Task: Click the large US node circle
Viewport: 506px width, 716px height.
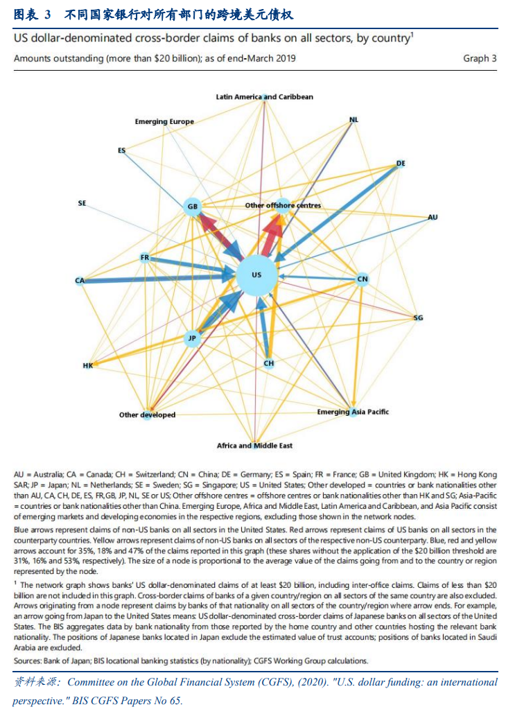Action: click(256, 275)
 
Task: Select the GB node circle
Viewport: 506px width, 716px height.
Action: click(193, 207)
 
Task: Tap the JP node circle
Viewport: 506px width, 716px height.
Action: click(192, 338)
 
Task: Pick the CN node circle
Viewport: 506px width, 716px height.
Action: click(362, 279)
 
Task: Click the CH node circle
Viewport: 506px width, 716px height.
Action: click(269, 363)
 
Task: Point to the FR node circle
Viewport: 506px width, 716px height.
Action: click(145, 258)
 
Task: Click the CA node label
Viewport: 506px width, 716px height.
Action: click(80, 281)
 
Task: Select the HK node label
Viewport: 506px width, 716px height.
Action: click(87, 365)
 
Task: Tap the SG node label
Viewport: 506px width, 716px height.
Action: click(418, 318)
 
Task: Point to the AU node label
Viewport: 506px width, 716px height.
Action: click(433, 218)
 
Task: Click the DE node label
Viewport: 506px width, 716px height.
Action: click(401, 164)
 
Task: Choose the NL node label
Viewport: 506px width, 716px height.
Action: click(354, 120)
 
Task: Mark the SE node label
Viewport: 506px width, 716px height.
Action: click(82, 204)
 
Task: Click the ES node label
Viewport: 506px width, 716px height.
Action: click(122, 150)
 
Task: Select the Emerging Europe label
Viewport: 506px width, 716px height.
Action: click(164, 122)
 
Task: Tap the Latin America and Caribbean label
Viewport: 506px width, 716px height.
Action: click(264, 97)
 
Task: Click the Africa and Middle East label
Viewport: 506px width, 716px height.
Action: click(254, 446)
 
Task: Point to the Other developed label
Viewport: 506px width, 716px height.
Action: click(147, 415)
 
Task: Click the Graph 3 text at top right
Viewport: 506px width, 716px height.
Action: click(480, 59)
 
